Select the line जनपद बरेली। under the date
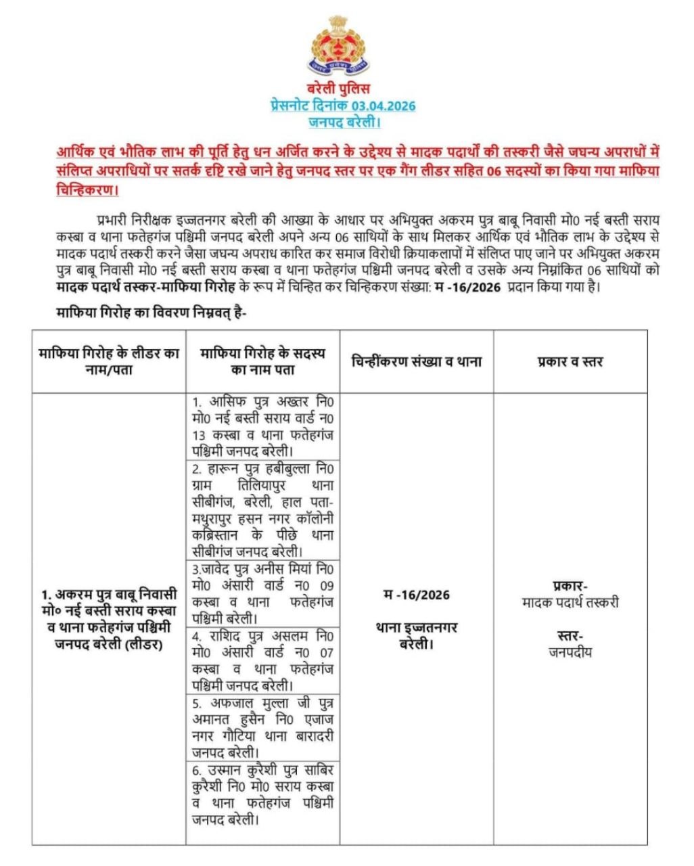344,122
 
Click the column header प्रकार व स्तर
570,362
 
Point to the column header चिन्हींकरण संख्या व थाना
416,361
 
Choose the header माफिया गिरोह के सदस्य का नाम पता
262,362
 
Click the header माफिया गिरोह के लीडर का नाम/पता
109,362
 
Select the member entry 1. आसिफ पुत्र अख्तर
262,426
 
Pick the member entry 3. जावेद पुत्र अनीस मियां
262,593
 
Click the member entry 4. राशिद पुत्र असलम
262,660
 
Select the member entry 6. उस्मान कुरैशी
262,794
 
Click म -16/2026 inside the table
416,595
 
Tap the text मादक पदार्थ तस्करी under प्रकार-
570,602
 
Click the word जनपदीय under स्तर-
570,652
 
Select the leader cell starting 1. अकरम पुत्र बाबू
109,619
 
